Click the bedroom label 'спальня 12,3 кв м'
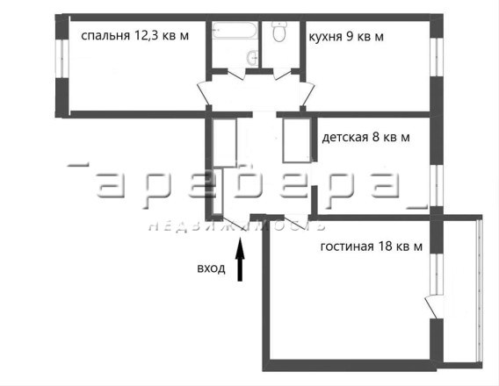[135, 36]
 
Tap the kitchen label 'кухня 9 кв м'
[346, 37]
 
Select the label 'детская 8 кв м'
[366, 137]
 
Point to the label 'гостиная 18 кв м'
[372, 247]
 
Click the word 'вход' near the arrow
[211, 268]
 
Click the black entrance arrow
[240, 260]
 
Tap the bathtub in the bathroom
[235, 30]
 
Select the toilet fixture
[279, 31]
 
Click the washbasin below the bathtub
[253, 59]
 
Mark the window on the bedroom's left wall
[62, 59]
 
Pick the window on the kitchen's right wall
[437, 57]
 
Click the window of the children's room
[437, 185]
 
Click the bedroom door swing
[204, 93]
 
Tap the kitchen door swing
[307, 93]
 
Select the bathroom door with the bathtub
[236, 75]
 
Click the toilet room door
[283, 74]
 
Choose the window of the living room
[437, 274]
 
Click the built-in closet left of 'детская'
[297, 140]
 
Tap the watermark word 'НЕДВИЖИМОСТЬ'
[237, 225]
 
